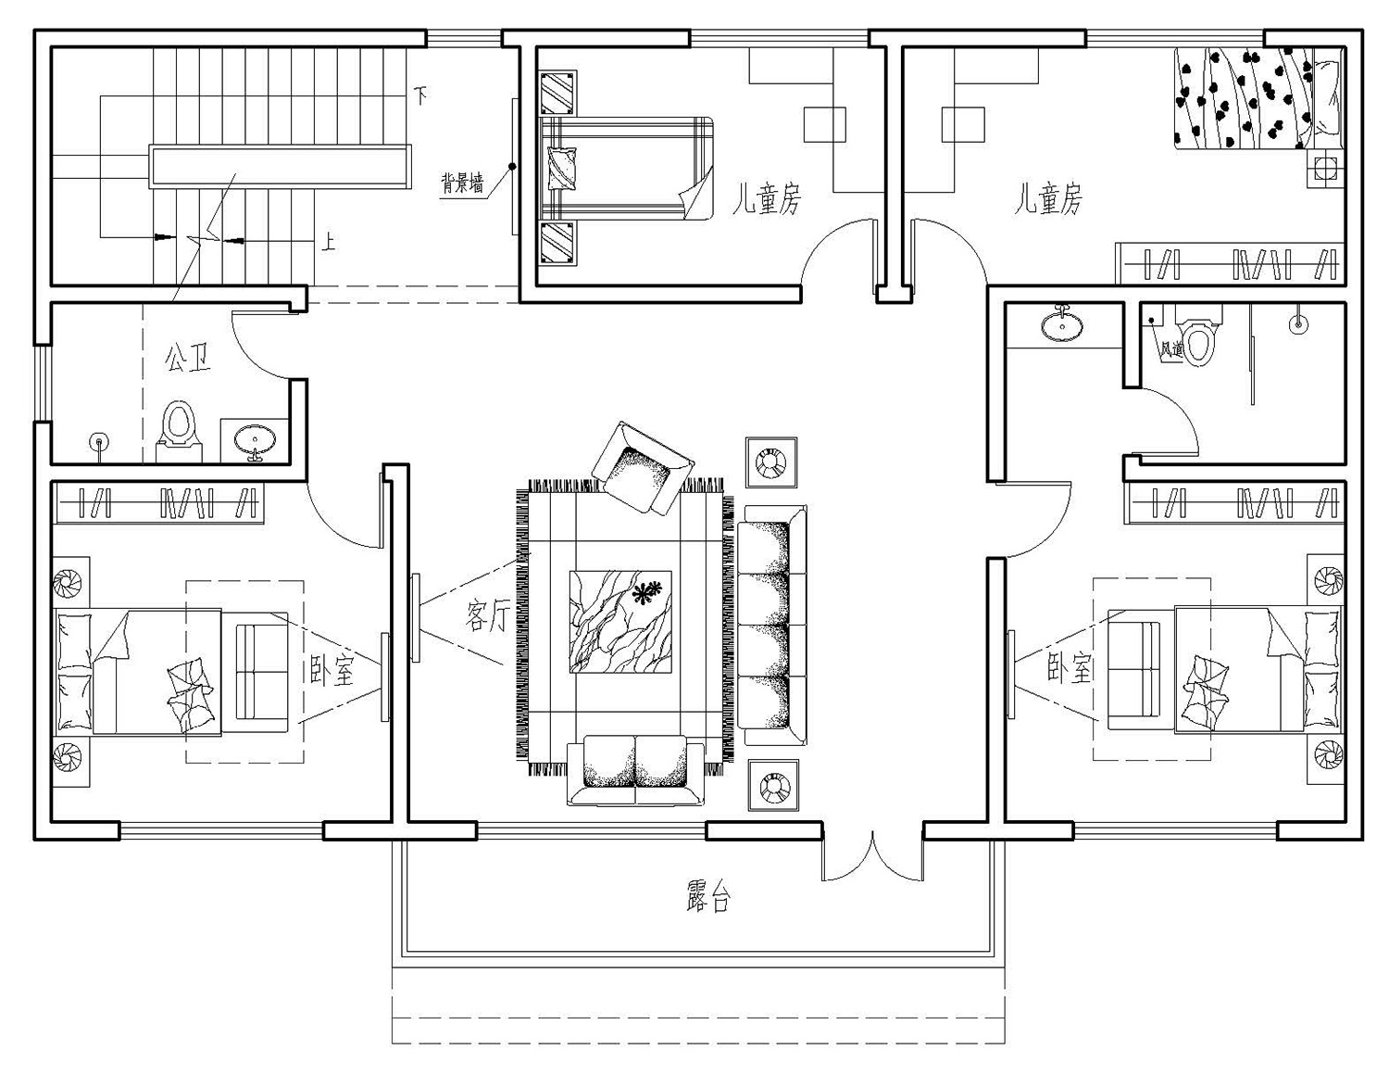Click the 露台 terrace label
(707, 896)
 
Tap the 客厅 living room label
(488, 617)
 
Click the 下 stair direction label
(420, 96)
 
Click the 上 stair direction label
(328, 242)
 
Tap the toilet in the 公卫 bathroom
(179, 430)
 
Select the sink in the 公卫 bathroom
(255, 440)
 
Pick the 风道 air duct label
(1171, 349)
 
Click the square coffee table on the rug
(620, 622)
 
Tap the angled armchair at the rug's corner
(643, 467)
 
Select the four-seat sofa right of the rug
(772, 625)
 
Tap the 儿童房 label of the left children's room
(767, 198)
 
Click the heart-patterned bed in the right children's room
(1258, 97)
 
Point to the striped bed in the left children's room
(626, 168)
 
